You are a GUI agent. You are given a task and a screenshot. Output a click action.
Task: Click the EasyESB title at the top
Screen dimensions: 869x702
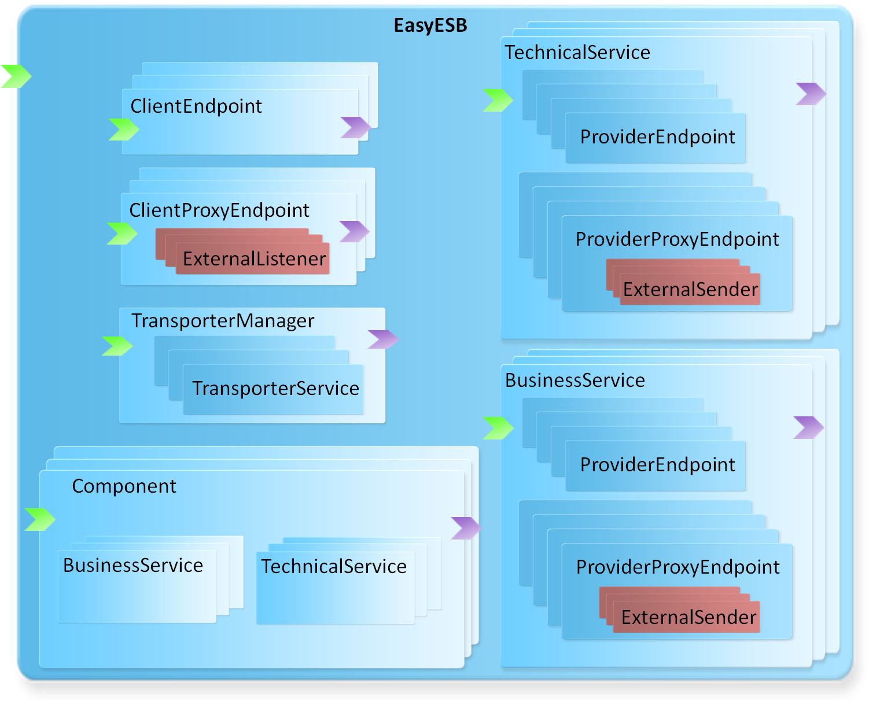point(430,25)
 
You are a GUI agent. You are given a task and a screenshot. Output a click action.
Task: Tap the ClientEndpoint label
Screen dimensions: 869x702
point(196,106)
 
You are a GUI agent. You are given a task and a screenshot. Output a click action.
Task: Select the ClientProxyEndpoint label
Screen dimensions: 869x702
point(219,210)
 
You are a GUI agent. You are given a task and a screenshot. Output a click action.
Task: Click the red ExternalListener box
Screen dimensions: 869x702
point(252,258)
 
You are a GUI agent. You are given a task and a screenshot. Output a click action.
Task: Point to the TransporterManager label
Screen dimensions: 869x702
point(223,321)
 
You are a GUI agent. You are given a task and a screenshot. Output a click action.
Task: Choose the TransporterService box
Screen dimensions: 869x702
point(273,389)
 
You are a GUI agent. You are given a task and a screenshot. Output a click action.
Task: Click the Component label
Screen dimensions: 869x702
point(124,486)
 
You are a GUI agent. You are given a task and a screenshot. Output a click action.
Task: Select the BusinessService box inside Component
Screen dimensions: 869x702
point(137,586)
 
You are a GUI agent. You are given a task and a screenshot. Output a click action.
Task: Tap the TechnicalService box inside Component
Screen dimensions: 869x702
point(336,588)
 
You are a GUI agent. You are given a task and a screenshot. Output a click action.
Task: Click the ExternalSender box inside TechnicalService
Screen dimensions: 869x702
point(690,290)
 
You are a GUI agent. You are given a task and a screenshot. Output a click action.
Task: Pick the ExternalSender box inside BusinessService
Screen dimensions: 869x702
point(687,617)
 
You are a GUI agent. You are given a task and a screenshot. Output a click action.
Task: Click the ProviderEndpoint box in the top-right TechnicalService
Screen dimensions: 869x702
point(656,138)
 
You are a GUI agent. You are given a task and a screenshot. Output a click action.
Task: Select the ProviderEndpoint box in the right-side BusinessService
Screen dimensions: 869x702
point(656,466)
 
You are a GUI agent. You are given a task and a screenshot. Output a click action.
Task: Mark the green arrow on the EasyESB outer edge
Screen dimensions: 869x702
point(16,76)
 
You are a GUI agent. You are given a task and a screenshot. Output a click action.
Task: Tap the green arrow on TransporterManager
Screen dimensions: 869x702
point(117,346)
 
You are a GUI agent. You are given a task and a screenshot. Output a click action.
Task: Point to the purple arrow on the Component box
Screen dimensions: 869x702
point(466,529)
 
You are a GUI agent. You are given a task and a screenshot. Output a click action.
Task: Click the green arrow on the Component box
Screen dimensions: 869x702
point(40,520)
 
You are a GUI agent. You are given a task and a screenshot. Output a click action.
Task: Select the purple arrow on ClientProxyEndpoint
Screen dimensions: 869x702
point(354,231)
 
